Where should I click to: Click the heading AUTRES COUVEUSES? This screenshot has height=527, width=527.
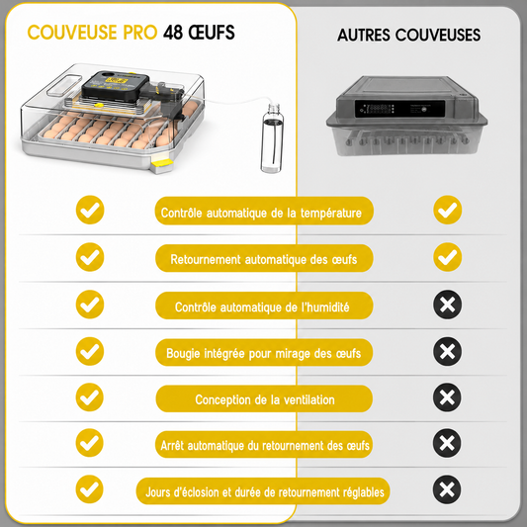[408, 35]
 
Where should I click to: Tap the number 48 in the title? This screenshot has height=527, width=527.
[173, 33]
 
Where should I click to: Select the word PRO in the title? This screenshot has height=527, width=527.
[139, 33]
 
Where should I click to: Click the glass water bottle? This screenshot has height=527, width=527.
[272, 138]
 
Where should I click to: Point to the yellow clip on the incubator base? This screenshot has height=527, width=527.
[162, 164]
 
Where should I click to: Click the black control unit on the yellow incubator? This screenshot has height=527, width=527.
[116, 85]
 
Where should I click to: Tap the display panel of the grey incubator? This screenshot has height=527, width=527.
[400, 109]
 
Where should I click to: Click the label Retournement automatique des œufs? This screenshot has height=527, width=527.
[264, 258]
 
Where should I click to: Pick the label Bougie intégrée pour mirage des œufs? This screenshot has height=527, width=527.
[264, 352]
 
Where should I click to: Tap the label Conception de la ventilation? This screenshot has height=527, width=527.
[264, 398]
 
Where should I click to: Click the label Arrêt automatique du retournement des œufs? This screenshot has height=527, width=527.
[264, 444]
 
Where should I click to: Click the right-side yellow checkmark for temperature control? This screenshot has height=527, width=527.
[448, 210]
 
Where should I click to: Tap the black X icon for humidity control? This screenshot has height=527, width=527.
[447, 305]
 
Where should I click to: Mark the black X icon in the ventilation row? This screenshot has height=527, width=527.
[447, 397]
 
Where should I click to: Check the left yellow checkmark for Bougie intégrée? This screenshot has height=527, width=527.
[90, 351]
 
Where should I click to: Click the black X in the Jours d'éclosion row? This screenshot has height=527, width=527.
[447, 489]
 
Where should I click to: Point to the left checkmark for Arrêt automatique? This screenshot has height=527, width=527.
[89, 443]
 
